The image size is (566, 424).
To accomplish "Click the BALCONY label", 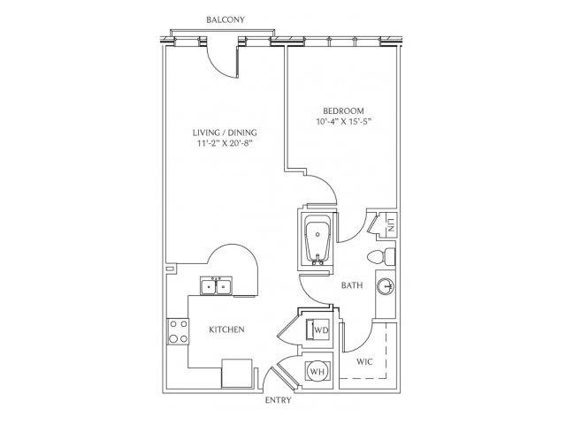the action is [x=226, y=19].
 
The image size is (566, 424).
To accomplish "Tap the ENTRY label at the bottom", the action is [x=278, y=400].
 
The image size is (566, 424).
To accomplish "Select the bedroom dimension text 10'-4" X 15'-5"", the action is [x=344, y=122].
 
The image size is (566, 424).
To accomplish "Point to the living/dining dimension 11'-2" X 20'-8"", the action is [x=224, y=143].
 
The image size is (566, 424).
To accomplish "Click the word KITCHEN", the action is [x=226, y=329].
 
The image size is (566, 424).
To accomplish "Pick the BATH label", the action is [x=352, y=285].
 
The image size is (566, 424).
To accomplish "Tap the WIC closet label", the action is [x=364, y=361].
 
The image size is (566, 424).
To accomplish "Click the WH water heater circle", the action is [x=317, y=371].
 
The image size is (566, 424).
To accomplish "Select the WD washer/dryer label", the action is [x=321, y=329].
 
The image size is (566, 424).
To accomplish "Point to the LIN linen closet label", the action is [x=391, y=225].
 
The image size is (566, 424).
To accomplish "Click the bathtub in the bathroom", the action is [x=317, y=240].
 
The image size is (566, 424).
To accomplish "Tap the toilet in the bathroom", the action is [x=381, y=257].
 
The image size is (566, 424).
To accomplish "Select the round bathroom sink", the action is [x=386, y=287].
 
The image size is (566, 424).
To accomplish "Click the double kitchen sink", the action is [x=216, y=286].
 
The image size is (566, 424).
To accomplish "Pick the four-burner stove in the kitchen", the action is [x=178, y=331].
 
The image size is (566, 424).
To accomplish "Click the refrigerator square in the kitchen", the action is [x=236, y=373].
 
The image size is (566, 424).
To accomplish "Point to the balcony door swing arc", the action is [x=219, y=64].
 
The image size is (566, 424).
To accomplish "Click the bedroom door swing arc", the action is [x=325, y=184].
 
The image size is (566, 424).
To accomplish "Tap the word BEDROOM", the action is [x=343, y=110].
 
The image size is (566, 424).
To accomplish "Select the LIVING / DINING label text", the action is [x=225, y=132].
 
